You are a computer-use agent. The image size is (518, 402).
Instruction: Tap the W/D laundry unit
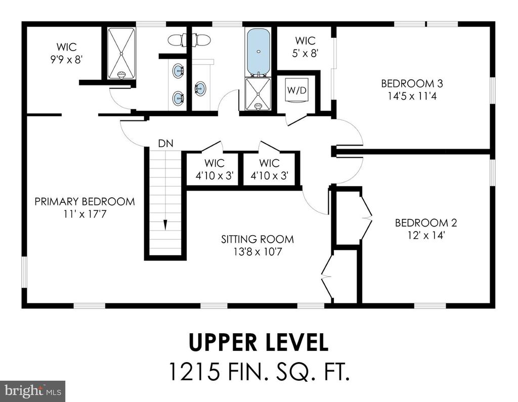click(x=297, y=90)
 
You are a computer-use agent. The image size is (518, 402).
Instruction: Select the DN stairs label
click(x=165, y=144)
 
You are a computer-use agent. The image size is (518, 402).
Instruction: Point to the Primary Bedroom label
click(x=84, y=201)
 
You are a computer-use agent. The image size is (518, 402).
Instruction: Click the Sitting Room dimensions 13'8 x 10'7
click(x=257, y=252)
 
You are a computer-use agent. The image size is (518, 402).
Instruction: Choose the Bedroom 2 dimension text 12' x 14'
click(x=426, y=236)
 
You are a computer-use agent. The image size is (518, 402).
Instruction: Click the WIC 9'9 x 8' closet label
click(x=66, y=53)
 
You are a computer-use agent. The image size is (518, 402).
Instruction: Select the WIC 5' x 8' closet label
click(x=305, y=47)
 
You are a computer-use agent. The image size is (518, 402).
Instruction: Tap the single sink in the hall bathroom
click(x=200, y=88)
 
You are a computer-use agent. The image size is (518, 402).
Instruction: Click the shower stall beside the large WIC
click(x=121, y=54)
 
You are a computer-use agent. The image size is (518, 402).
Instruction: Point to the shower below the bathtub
click(x=258, y=94)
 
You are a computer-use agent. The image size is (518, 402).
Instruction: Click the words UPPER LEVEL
click(x=258, y=342)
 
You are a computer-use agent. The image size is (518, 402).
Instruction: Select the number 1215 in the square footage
click(x=194, y=371)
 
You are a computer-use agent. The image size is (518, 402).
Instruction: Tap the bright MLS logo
click(x=33, y=391)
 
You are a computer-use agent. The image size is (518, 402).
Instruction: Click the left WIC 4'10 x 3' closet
click(x=214, y=169)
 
